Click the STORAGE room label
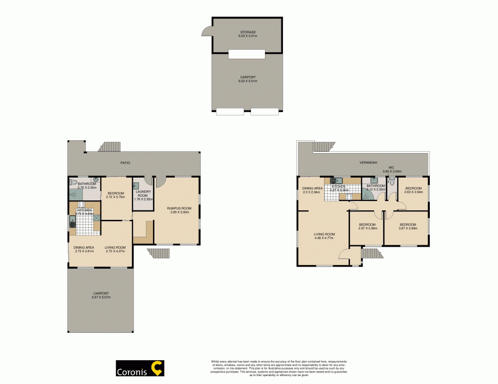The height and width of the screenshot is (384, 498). pyautogui.click(x=247, y=32)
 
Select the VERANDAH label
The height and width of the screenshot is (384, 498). pyautogui.click(x=368, y=163)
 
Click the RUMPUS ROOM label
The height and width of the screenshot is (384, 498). pyautogui.click(x=179, y=208)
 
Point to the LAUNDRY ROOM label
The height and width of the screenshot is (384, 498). pyautogui.click(x=141, y=193)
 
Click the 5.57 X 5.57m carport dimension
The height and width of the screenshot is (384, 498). pyautogui.click(x=101, y=297)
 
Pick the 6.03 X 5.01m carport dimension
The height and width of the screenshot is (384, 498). pyautogui.click(x=247, y=81)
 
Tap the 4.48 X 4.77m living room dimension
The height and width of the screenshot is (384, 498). pyautogui.click(x=324, y=238)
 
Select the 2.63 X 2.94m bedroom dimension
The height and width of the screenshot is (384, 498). pyautogui.click(x=413, y=192)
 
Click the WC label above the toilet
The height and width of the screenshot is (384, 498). pyautogui.click(x=391, y=168)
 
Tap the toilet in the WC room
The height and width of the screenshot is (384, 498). pyautogui.click(x=392, y=183)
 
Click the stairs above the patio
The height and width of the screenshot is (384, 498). pyautogui.click(x=109, y=147)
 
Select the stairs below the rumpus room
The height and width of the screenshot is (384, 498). pyautogui.click(x=159, y=254)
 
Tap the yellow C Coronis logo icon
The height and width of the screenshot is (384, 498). pyautogui.click(x=157, y=369)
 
